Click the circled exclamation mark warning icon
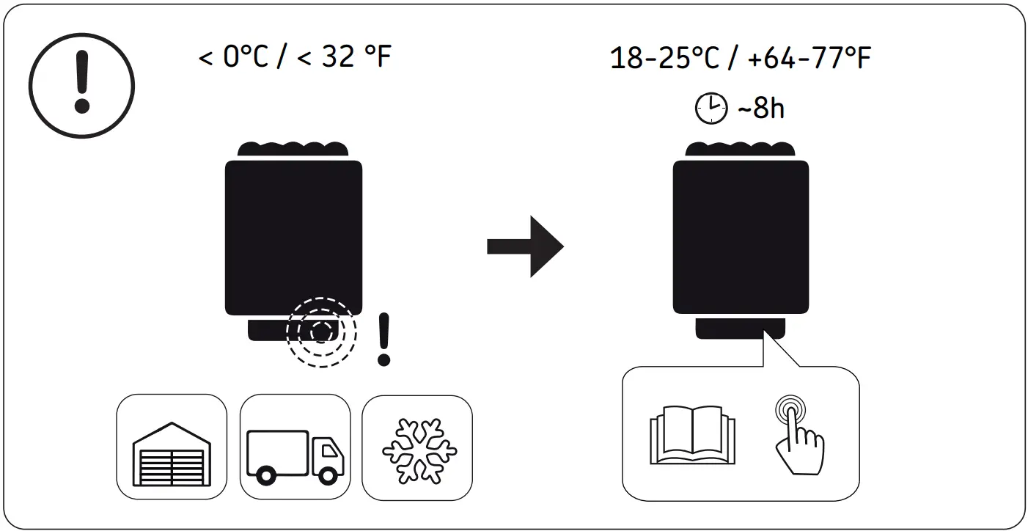[82, 83]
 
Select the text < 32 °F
[344, 57]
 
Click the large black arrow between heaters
[525, 246]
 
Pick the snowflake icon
[416, 450]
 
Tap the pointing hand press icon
[798, 434]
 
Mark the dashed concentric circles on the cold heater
[321, 332]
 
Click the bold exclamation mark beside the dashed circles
[383, 340]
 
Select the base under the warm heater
[740, 328]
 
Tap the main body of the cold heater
[293, 235]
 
